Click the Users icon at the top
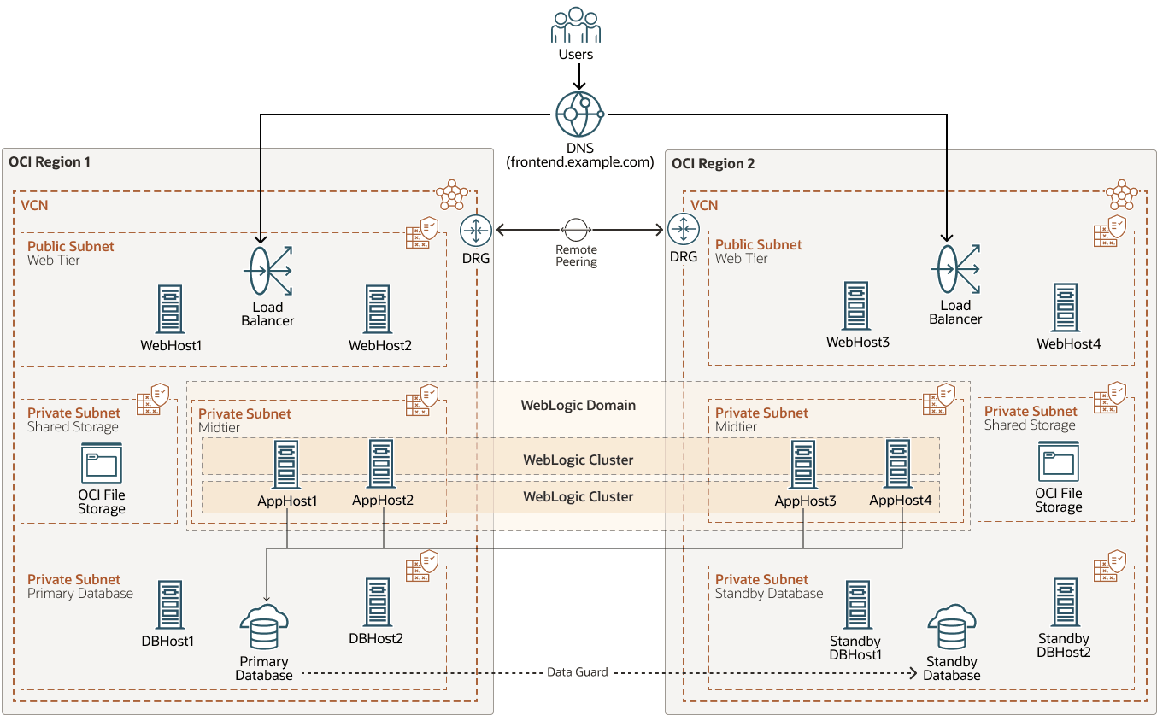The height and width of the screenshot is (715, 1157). (575, 26)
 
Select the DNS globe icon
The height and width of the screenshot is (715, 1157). (578, 114)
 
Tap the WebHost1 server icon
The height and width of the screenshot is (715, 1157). (170, 309)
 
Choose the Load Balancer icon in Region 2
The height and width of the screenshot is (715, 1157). (954, 269)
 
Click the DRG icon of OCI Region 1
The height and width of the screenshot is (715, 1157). (475, 231)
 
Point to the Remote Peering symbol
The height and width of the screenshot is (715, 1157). (576, 230)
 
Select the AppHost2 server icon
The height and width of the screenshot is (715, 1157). (381, 464)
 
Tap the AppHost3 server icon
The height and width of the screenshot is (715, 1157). (803, 465)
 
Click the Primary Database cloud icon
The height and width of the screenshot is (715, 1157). (264, 628)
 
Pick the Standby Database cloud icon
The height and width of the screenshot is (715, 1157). (951, 628)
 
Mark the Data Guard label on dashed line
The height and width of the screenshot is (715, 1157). (578, 672)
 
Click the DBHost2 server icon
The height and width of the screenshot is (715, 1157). (376, 603)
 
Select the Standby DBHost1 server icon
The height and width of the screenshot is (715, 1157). (856, 607)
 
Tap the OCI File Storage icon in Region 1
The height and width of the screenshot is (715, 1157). (102, 464)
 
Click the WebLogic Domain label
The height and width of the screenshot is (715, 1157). (578, 405)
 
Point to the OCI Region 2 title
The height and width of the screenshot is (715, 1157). (713, 163)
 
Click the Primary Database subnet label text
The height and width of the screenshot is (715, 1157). (80, 594)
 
